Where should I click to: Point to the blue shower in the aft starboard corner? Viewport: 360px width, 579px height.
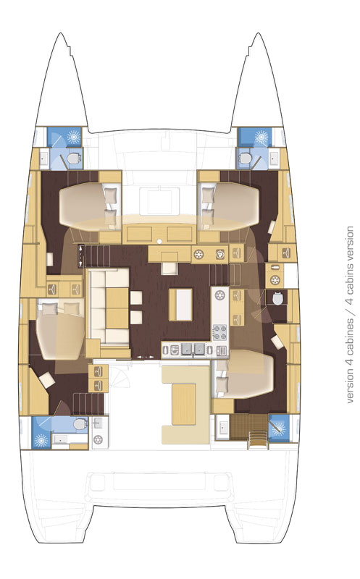278,428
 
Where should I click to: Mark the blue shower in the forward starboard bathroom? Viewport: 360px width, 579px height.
248,136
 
